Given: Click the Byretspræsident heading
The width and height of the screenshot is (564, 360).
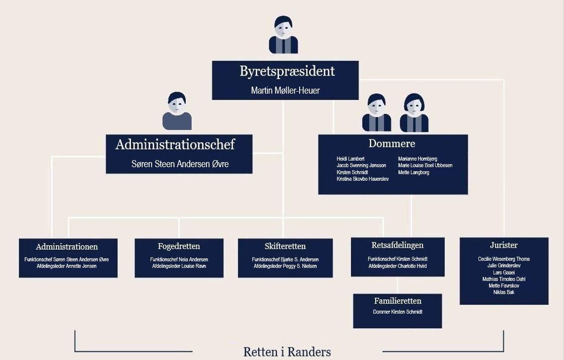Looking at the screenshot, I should (287, 71).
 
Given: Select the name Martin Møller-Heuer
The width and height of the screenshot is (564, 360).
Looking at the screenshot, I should (285, 91).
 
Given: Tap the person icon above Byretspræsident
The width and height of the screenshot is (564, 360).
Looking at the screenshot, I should (284, 35).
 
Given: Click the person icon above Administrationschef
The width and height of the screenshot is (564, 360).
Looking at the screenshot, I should (177, 111).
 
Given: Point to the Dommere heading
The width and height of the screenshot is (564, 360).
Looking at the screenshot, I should (392, 143).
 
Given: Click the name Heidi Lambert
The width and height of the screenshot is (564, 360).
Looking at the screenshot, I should (350, 159).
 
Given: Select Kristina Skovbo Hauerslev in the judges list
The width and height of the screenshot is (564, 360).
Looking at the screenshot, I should (363, 179).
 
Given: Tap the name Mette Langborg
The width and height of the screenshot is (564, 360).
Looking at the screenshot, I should (413, 173).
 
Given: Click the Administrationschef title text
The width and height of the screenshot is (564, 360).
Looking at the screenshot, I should (175, 145).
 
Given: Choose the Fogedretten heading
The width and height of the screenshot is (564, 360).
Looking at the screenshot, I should (179, 247).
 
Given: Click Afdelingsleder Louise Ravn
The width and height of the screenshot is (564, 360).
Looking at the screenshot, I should (179, 266).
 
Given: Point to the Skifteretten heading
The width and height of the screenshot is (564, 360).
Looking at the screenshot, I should (285, 247).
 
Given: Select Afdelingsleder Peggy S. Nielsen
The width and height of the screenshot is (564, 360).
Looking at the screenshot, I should (285, 266).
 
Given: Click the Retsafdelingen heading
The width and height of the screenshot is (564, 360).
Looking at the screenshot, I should (397, 246).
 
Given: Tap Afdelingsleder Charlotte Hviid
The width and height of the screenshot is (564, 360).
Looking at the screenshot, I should (397, 266).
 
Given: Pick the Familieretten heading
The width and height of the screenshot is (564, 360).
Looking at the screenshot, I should (397, 301).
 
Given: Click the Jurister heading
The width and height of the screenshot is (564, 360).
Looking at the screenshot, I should (504, 245).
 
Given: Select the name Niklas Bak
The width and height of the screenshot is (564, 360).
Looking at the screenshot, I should (504, 292).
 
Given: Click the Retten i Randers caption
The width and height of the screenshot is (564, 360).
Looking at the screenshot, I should (287, 351).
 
